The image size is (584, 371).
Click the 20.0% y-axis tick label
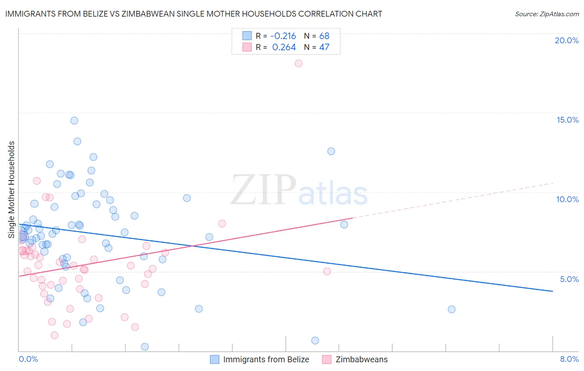[x=567, y=40]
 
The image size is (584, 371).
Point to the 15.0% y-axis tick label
[x=567, y=120]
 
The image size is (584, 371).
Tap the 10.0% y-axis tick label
[x=567, y=199]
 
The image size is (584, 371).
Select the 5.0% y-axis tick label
[x=569, y=279]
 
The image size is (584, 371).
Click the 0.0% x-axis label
[x=28, y=359]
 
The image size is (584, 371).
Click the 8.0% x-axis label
[x=569, y=359]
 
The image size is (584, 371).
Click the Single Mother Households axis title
[x=12, y=190]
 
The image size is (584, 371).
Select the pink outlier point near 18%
[x=298, y=64]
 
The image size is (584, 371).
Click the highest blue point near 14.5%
[x=74, y=121]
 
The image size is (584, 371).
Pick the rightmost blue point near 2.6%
[x=451, y=309]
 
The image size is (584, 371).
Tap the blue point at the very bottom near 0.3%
[x=145, y=347]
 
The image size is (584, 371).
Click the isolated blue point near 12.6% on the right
[x=331, y=151]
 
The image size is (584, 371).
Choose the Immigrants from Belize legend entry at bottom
[x=266, y=359]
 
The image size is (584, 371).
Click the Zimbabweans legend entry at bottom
[x=361, y=359]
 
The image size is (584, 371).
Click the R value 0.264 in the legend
[x=284, y=47]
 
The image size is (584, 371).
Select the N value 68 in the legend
[x=324, y=36]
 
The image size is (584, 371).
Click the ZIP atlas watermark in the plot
[x=299, y=190]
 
